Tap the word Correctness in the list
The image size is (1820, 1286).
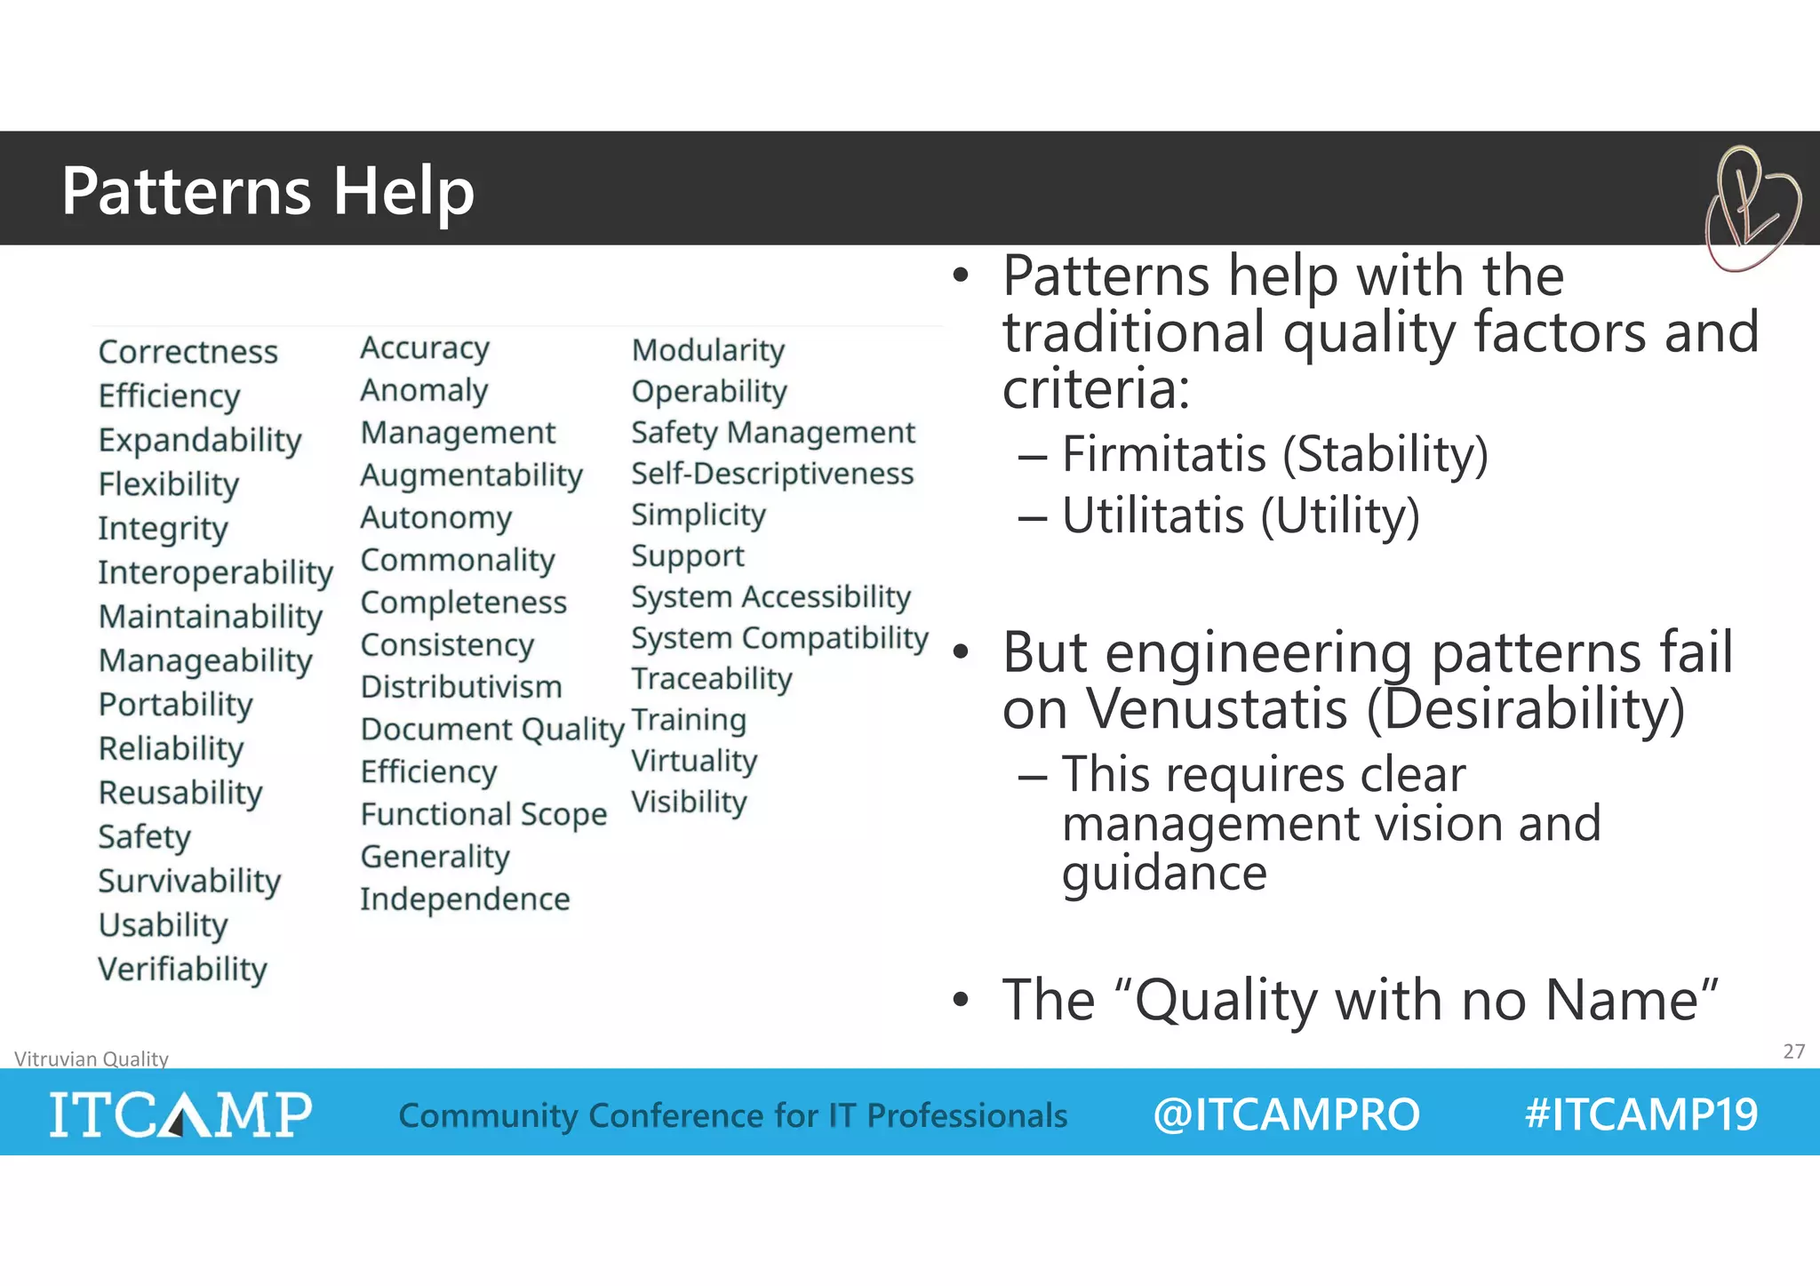click(188, 352)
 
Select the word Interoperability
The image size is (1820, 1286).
click(215, 572)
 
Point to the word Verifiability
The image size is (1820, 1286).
click(182, 969)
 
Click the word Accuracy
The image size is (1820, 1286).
click(425, 348)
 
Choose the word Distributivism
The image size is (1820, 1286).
click(460, 687)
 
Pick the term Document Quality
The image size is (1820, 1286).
click(492, 730)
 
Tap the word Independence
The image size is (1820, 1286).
click(465, 899)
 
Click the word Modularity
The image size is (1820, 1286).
click(707, 350)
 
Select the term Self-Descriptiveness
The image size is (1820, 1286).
click(771, 474)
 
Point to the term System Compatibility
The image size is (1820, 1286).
click(779, 638)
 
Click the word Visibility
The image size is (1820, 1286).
click(689, 802)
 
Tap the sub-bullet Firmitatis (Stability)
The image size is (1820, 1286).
click(1273, 454)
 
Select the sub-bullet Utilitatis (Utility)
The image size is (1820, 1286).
click(1240, 515)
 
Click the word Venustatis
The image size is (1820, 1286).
click(1217, 709)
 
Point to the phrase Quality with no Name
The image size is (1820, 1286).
click(1416, 1000)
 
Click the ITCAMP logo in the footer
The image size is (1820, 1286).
click(180, 1114)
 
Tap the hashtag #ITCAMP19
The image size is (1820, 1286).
click(1640, 1114)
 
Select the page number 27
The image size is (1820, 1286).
click(1793, 1051)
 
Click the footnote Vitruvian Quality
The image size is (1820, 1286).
click(92, 1058)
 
